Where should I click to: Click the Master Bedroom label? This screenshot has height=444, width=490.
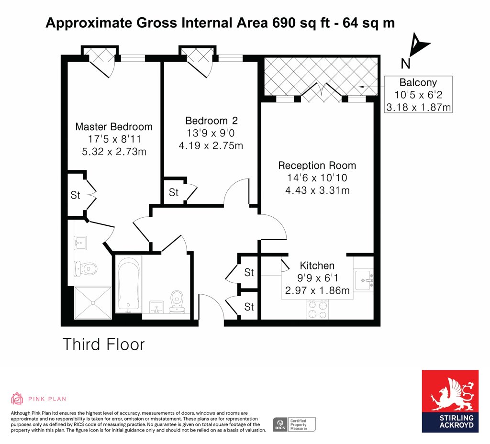(x=114, y=127)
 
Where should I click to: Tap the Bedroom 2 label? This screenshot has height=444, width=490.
(x=212, y=121)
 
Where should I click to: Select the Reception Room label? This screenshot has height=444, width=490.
(x=317, y=165)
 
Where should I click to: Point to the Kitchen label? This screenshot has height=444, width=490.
(x=317, y=266)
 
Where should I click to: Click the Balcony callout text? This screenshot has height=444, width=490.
(x=418, y=82)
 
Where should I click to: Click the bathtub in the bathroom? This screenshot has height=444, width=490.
(x=128, y=284)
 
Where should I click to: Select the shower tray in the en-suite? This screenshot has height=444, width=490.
(x=93, y=303)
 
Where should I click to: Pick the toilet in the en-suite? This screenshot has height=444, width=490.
(x=86, y=268)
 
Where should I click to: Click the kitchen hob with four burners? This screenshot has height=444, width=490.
(x=318, y=310)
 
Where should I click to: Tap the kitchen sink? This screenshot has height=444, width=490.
(x=364, y=280)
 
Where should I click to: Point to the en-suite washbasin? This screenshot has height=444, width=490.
(x=80, y=243)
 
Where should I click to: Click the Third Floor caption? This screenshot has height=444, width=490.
(x=104, y=344)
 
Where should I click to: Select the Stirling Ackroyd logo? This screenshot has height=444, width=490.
(x=450, y=401)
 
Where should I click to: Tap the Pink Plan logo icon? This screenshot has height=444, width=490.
(x=17, y=399)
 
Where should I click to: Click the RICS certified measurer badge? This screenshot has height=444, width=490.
(x=294, y=425)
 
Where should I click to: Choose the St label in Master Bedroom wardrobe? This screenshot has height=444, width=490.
(x=75, y=195)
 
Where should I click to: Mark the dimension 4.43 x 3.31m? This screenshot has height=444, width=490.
(x=318, y=190)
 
